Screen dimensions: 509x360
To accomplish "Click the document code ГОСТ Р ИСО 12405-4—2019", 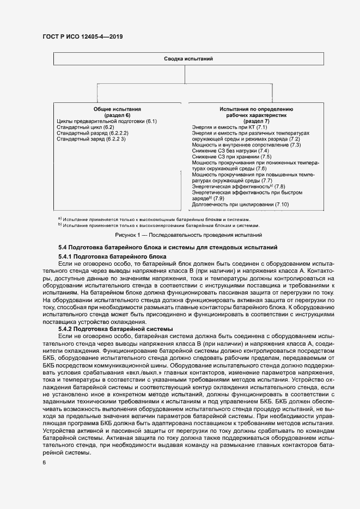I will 82,36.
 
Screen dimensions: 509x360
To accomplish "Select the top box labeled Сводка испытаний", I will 188,58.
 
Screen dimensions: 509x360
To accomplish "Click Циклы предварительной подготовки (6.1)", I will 107,121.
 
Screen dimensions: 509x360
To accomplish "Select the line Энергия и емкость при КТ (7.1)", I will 230,127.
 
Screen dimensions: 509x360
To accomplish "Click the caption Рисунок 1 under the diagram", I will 188,235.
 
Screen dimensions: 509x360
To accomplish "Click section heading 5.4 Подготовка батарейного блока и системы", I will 168,248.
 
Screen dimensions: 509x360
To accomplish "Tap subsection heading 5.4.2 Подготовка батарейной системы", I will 115,329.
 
